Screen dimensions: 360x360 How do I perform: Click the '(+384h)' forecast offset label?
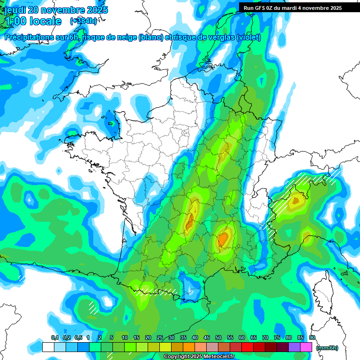click(x=83, y=21)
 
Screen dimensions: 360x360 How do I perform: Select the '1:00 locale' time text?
click(x=33, y=21)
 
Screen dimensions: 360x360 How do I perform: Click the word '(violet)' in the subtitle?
click(x=249, y=37)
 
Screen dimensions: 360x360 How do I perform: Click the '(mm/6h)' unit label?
click(x=327, y=348)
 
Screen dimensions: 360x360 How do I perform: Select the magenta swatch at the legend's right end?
click(x=307, y=347)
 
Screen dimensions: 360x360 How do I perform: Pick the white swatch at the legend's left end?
click(x=48, y=347)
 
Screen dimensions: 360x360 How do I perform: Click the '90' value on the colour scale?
click(x=312, y=337)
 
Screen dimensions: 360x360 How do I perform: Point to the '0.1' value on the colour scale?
click(x=54, y=337)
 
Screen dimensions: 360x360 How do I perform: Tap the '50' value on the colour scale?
click(x=218, y=337)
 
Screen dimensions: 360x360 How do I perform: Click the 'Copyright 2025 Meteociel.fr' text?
click(x=199, y=357)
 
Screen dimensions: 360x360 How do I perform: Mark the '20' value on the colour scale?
click(x=148, y=337)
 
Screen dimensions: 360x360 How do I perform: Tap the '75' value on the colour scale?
click(x=277, y=337)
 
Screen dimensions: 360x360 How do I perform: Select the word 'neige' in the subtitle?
click(x=127, y=37)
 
